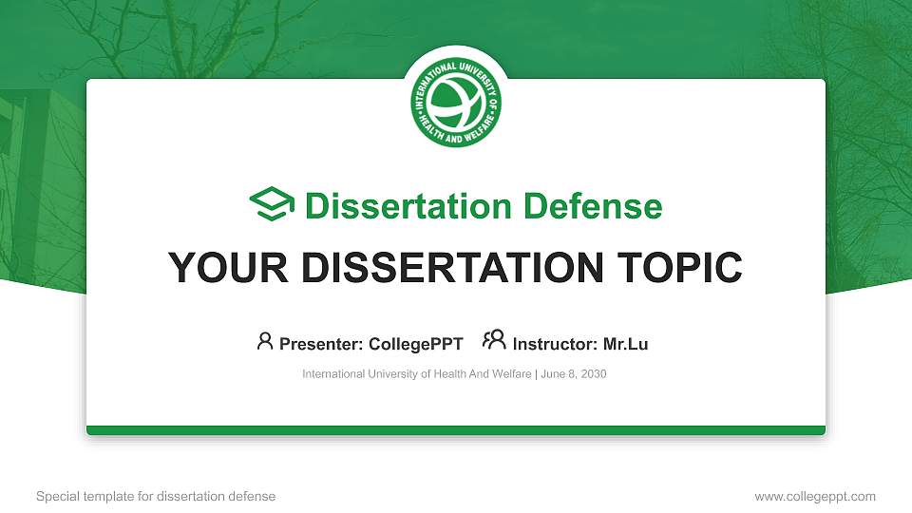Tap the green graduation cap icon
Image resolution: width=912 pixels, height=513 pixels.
(x=272, y=205)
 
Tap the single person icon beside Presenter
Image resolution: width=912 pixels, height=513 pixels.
(x=265, y=340)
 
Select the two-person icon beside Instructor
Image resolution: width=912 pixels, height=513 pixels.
(x=494, y=340)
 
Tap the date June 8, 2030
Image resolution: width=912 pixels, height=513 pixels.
(x=575, y=374)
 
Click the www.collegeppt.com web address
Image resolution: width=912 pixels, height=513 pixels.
(x=815, y=496)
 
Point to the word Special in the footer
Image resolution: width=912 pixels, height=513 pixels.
(x=56, y=496)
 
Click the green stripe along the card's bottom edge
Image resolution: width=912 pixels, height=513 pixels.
(x=456, y=430)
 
